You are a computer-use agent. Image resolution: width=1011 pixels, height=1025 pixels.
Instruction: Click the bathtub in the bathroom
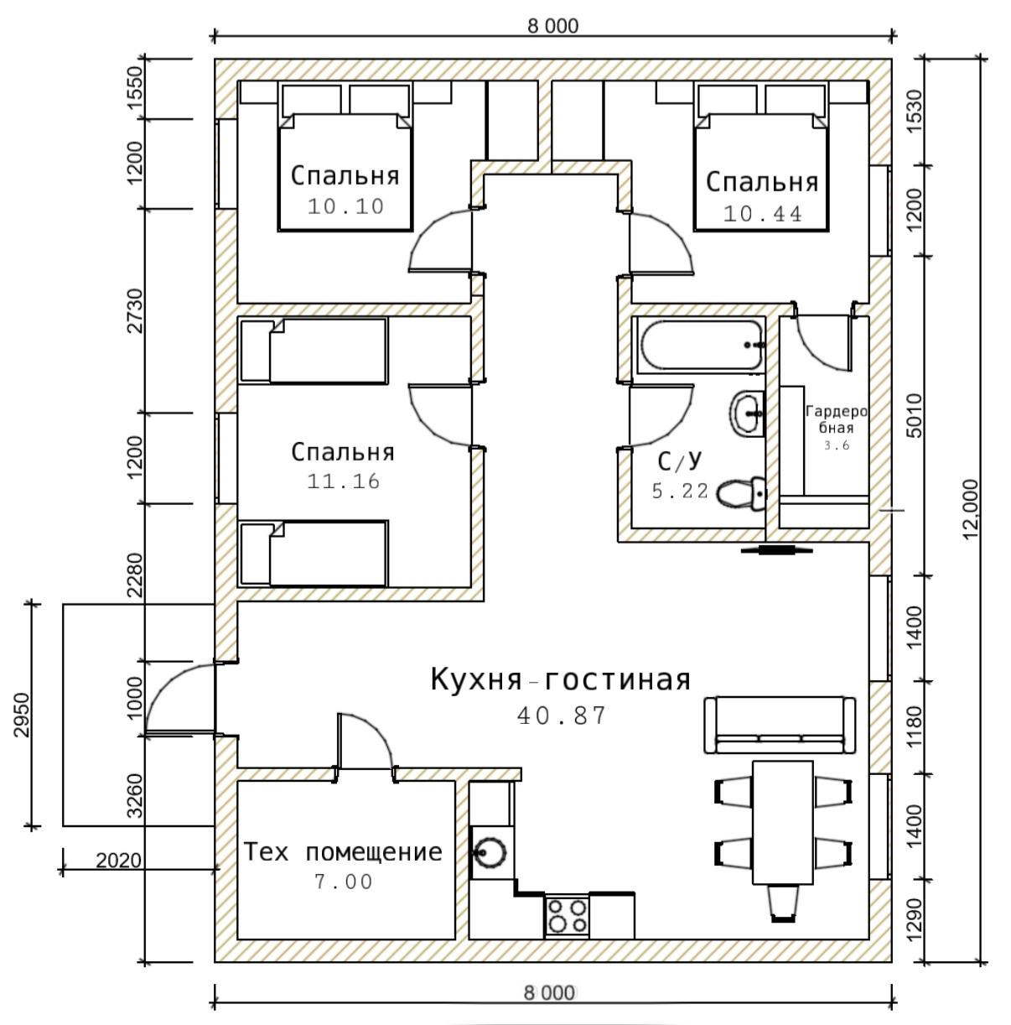[702, 345]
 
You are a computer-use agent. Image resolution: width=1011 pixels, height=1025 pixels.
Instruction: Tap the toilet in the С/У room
[741, 493]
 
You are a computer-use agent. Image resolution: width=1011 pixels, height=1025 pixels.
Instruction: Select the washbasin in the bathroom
[748, 414]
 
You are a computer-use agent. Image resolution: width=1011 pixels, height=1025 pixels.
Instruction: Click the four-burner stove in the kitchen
[567, 916]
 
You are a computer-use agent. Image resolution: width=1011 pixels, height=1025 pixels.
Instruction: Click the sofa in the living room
[780, 726]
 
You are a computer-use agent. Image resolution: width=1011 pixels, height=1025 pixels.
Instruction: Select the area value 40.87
[562, 716]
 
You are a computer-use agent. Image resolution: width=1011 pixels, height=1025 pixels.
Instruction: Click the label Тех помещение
[343, 853]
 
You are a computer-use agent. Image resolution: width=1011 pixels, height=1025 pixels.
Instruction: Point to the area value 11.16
[344, 481]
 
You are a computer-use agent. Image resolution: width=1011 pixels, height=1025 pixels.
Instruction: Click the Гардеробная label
[836, 419]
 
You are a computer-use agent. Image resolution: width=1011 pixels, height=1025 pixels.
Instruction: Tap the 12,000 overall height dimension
[971, 509]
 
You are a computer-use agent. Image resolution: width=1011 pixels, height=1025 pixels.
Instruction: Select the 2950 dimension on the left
[23, 715]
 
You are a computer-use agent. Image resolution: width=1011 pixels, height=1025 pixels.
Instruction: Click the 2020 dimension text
[118, 861]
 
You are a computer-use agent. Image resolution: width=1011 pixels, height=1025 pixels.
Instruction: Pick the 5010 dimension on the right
[915, 415]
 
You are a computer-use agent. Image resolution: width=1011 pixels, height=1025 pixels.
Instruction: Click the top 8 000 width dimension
[552, 26]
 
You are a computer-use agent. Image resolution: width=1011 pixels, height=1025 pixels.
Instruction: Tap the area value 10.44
[762, 214]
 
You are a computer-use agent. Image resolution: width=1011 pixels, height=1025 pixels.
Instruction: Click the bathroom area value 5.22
[680, 491]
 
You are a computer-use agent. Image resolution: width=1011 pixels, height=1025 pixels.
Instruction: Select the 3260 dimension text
[136, 796]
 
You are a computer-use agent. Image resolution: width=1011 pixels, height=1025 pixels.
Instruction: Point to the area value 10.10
[345, 206]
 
